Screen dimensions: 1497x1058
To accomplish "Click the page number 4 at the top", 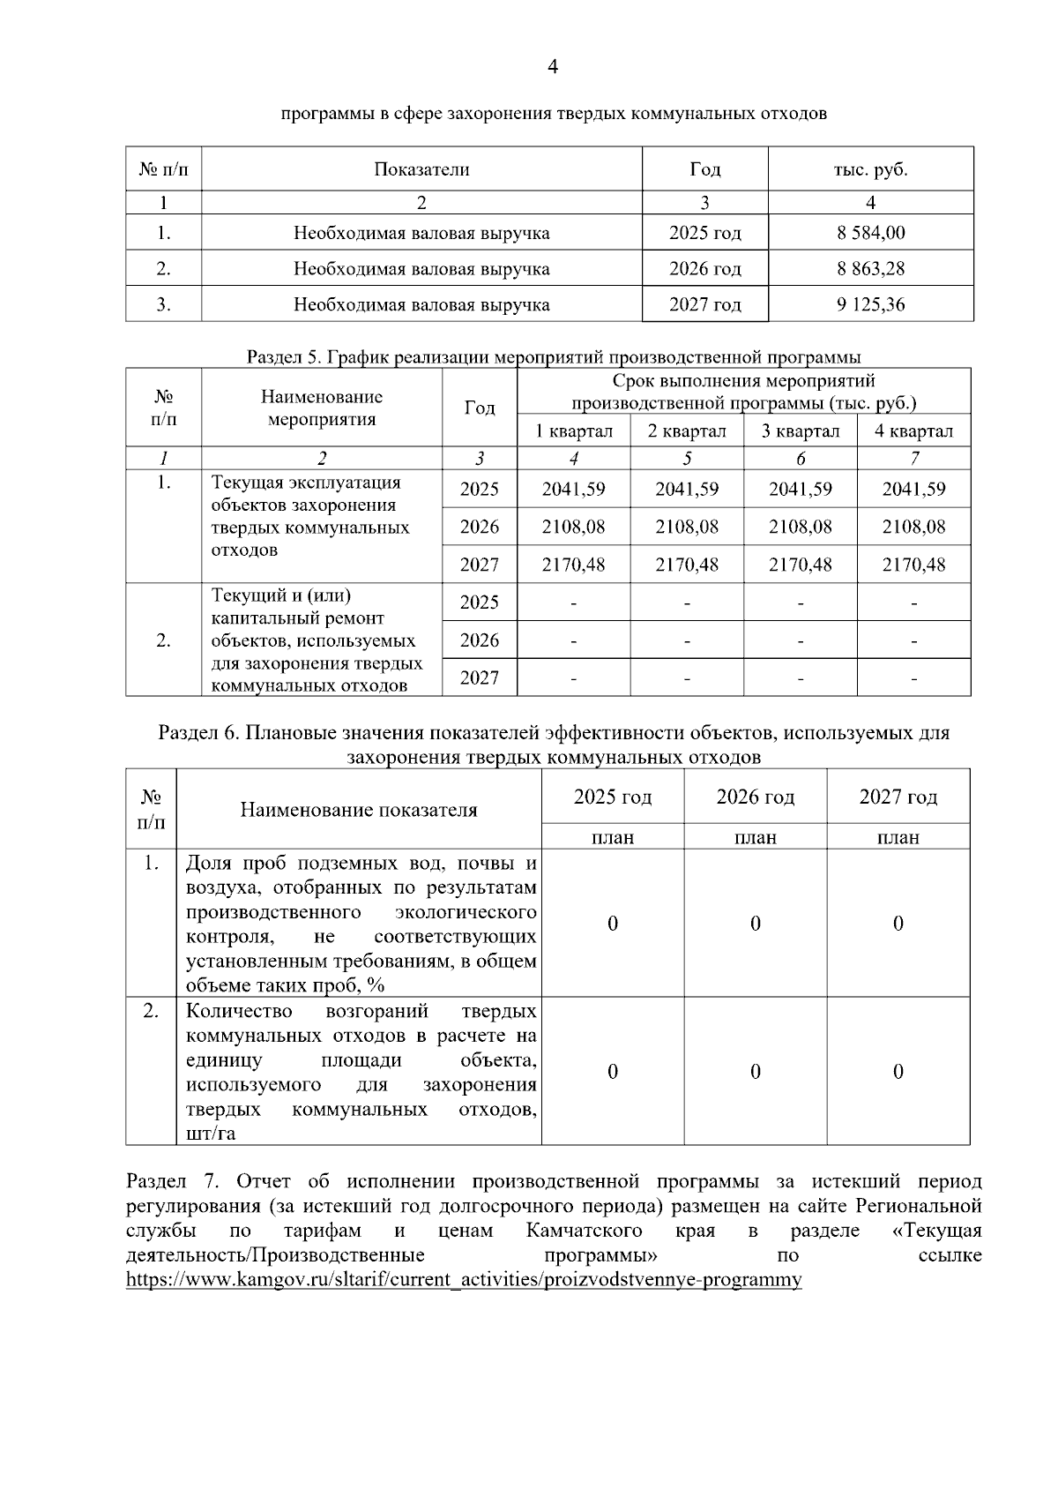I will pos(553,67).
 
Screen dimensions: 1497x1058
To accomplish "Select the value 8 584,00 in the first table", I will pos(870,233).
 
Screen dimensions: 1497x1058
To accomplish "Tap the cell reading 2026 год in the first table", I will pos(704,268).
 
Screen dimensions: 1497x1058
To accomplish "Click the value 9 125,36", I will pos(870,304).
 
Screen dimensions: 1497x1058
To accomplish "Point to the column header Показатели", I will pos(421,169).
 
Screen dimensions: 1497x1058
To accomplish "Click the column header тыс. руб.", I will pos(870,169).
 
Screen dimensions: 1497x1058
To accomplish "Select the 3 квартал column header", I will pos(800,431).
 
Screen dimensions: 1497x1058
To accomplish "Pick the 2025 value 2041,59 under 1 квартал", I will pos(573,489).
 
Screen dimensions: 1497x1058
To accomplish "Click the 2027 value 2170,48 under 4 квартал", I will pos(913,565).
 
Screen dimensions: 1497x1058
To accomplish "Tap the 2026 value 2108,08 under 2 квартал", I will pos(686,527).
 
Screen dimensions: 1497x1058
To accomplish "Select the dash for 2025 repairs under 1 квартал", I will pos(573,603).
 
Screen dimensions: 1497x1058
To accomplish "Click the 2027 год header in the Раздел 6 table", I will pos(898,797).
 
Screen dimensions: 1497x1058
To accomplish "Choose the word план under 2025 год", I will pos(613,838).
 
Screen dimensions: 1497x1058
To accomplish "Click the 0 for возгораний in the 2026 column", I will pos(755,1072).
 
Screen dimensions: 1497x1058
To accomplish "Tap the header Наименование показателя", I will pos(358,810).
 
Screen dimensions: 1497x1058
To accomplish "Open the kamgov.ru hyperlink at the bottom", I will pos(464,1280).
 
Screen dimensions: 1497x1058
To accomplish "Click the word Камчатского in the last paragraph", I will pos(584,1231).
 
